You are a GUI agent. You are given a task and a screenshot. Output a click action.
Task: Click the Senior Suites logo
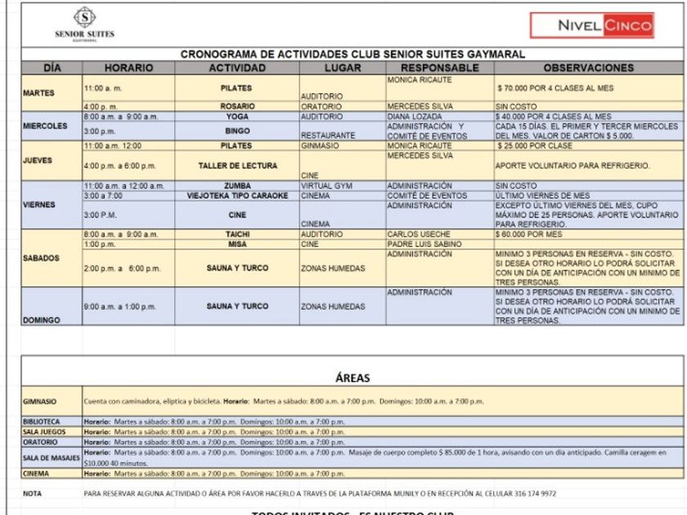(x=83, y=24)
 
